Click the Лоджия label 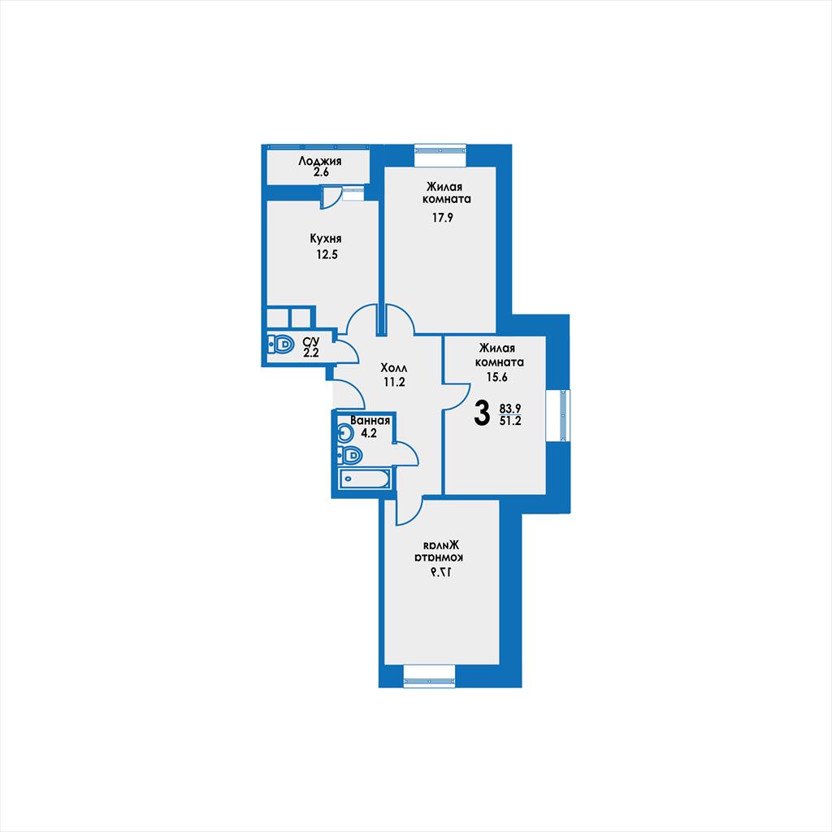point(319,161)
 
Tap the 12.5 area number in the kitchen point(327,254)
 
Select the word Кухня point(326,239)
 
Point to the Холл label point(394,368)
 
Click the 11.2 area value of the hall point(394,382)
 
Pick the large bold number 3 point(481,414)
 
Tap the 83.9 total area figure point(510,409)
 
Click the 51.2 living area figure point(510,422)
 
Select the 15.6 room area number point(497,377)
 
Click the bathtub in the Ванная point(365,479)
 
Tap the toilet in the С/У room point(280,344)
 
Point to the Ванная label point(370,421)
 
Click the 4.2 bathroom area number point(369,433)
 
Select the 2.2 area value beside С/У point(311,353)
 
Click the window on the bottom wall point(429,682)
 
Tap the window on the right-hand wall point(564,415)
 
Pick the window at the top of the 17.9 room point(440,149)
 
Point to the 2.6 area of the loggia point(320,172)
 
